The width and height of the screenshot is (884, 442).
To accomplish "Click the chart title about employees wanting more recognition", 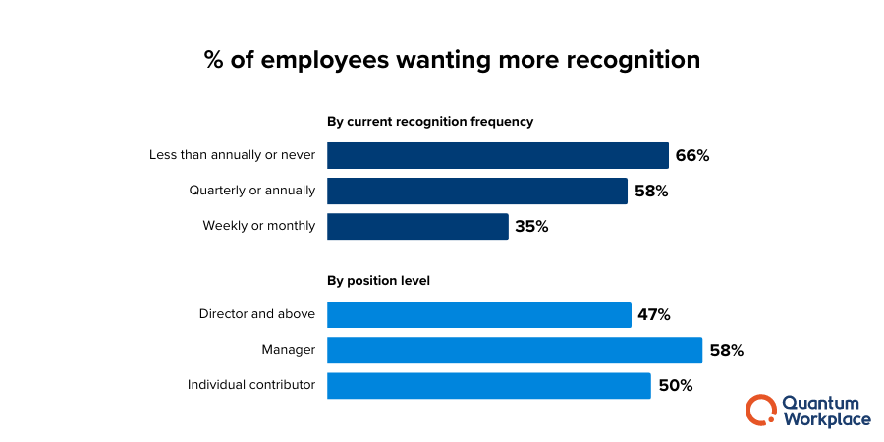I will click(x=452, y=60).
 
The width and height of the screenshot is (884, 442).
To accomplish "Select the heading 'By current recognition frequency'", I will click(x=429, y=122).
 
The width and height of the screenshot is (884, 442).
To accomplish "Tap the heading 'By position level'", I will click(x=378, y=280).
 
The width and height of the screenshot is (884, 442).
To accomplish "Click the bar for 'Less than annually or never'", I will click(x=497, y=155).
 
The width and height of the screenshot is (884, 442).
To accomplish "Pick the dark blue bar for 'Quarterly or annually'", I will click(x=476, y=191).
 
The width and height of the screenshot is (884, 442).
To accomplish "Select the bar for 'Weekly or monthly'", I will click(x=417, y=226).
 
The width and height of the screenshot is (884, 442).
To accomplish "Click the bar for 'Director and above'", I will click(x=478, y=314).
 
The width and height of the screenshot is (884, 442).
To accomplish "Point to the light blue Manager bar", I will click(x=514, y=350).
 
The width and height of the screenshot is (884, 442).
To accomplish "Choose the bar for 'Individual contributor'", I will click(x=488, y=385).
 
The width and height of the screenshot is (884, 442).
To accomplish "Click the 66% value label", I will click(x=691, y=155).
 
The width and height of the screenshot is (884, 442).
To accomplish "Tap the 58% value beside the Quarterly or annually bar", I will click(x=650, y=191).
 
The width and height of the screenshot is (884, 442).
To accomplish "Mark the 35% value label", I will click(x=530, y=226).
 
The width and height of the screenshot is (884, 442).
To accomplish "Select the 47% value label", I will click(x=653, y=314).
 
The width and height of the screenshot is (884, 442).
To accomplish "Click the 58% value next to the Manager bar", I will click(x=726, y=350).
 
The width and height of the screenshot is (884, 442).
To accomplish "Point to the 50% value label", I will click(x=675, y=385).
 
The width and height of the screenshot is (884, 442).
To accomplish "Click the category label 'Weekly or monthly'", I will click(x=259, y=226).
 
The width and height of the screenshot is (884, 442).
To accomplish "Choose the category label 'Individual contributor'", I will click(x=251, y=385).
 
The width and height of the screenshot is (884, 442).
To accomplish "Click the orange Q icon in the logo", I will click(x=760, y=410).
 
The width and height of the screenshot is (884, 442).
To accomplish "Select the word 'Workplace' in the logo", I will click(x=826, y=419).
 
